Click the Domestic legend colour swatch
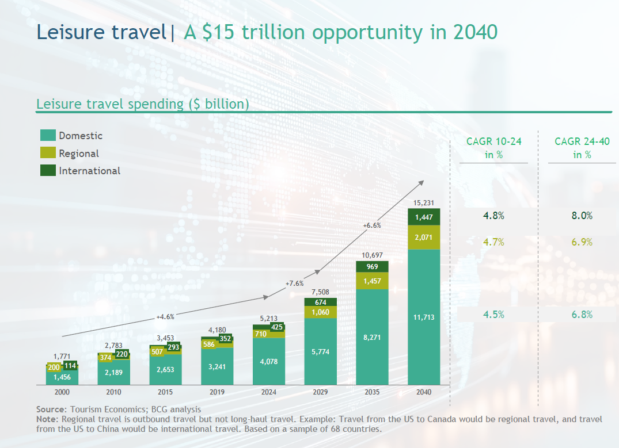48,136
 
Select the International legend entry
89,171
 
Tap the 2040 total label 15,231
424,202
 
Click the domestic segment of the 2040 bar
424,316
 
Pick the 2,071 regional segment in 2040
424,237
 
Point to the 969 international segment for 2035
372,267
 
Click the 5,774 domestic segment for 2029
320,351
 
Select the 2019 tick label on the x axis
217,392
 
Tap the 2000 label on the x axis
62,392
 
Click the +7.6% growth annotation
294,284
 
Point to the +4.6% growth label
165,316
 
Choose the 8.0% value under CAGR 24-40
582,216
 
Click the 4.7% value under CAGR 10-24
493,242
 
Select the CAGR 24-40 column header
582,147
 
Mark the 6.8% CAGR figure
582,315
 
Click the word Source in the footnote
51,409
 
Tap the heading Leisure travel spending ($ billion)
142,104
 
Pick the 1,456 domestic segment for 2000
62,377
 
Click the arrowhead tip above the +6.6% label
423,181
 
